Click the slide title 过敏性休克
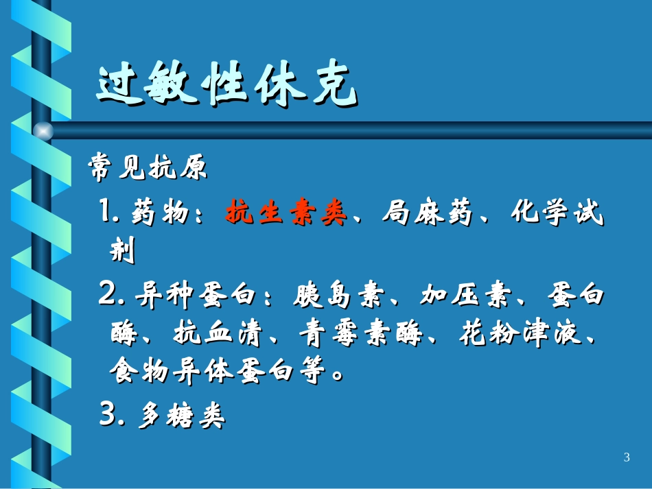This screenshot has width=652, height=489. [x=226, y=86]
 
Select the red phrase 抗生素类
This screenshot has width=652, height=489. [x=286, y=214]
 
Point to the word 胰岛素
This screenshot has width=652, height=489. [x=333, y=296]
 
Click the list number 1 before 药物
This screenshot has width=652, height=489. [x=108, y=214]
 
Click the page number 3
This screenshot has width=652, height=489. [x=627, y=457]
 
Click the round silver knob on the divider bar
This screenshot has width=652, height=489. [x=43, y=130]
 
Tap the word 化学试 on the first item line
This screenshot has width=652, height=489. [x=557, y=214]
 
